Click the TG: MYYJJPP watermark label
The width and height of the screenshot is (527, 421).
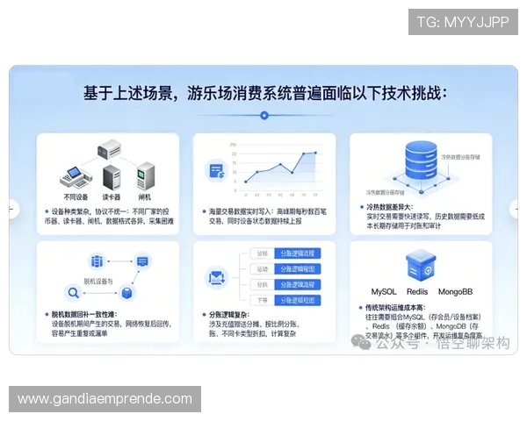coord(463,21)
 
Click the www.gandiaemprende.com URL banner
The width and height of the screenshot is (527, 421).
coord(105,399)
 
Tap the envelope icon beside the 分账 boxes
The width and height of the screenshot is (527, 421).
coord(217,278)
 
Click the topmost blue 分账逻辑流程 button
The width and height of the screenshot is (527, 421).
coord(297,253)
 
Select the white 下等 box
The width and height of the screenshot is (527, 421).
coord(262,300)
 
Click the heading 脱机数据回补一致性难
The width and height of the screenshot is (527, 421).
coord(87,313)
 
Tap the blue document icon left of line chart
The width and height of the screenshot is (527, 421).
coord(216,171)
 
